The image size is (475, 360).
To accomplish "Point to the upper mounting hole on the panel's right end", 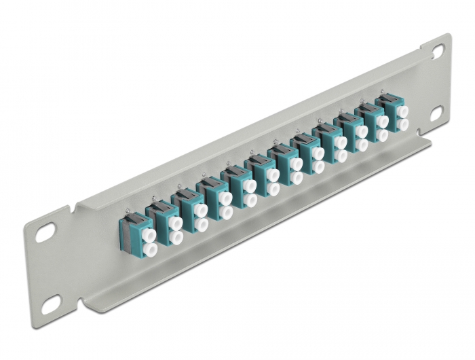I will [437, 50].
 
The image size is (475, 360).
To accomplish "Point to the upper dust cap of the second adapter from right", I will [382, 121].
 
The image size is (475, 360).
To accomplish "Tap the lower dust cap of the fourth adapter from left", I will [227, 213].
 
